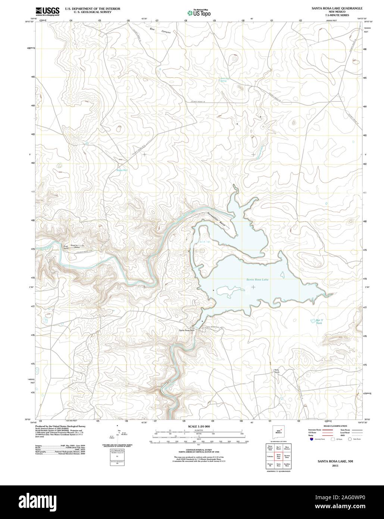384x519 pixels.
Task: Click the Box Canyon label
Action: pyautogui.click(x=160, y=31)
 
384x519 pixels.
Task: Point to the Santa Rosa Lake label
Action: pyautogui.click(x=257, y=280)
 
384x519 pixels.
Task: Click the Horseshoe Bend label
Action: pyautogui.click(x=214, y=217)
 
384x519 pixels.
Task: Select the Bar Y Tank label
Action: pyautogui.click(x=319, y=322)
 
